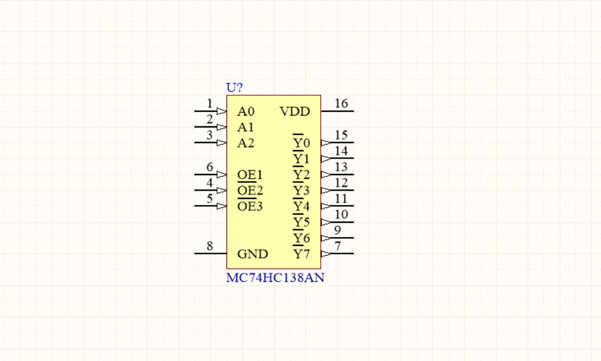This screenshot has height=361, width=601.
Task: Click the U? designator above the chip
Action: pyautogui.click(x=234, y=88)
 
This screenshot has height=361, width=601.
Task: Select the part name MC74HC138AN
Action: pyautogui.click(x=275, y=278)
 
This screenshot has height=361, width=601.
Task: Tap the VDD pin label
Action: pyautogui.click(x=295, y=111)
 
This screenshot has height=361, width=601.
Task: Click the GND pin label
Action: pyautogui.click(x=252, y=254)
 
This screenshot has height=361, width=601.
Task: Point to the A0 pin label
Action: pyautogui.click(x=246, y=111)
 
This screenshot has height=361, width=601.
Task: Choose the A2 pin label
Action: pyautogui.click(x=246, y=143)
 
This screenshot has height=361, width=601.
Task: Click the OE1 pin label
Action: pyautogui.click(x=250, y=175)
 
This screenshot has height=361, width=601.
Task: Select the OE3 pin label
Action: pyautogui.click(x=250, y=207)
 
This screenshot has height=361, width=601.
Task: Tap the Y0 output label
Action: pyautogui.click(x=301, y=144)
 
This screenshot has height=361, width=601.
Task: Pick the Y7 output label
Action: pyautogui.click(x=301, y=254)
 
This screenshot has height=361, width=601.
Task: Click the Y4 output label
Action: pyautogui.click(x=301, y=207)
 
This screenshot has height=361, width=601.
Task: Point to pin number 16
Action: pyautogui.click(x=341, y=104)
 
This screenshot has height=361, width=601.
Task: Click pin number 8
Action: pyautogui.click(x=210, y=246)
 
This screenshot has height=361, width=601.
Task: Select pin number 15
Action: pyautogui.click(x=341, y=135)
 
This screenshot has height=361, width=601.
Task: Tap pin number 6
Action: pyautogui.click(x=210, y=167)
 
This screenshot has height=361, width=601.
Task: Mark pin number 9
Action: pyautogui.click(x=337, y=231)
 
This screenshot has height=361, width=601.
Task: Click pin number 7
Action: pyautogui.click(x=337, y=246)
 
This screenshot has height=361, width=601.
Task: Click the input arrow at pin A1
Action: pyautogui.click(x=221, y=127)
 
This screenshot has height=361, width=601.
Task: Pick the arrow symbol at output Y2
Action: pyautogui.click(x=326, y=175)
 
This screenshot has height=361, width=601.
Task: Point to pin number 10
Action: pyautogui.click(x=341, y=214)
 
